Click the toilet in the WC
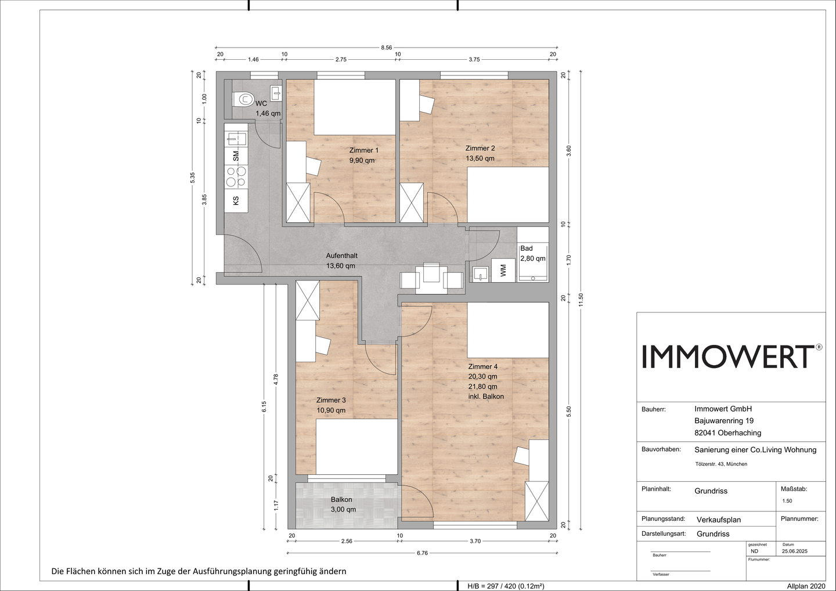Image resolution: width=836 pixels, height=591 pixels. [x=243, y=99]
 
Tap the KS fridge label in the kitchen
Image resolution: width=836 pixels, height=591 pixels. [x=236, y=201]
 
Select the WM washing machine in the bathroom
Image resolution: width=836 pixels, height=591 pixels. [x=503, y=270]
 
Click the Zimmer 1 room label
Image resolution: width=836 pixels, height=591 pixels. [x=364, y=150]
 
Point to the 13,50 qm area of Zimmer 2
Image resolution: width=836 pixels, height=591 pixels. [x=480, y=158]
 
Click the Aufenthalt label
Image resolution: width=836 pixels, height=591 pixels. [x=342, y=256]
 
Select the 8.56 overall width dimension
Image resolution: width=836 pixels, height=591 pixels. [x=386, y=48]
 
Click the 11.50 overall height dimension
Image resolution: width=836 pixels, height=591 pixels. [x=581, y=299]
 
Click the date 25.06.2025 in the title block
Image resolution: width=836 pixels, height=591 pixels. [x=795, y=551]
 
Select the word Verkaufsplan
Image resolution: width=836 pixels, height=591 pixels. [x=719, y=520]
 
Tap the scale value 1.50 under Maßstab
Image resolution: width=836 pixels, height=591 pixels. [x=787, y=501]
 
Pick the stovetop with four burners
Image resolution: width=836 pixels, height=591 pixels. [x=236, y=176]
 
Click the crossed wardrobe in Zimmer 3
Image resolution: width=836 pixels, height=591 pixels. [x=308, y=300]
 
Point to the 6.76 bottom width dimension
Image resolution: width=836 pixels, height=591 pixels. [x=422, y=553]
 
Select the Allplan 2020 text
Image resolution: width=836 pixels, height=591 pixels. [x=806, y=586]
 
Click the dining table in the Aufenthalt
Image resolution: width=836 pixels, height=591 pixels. [x=432, y=278]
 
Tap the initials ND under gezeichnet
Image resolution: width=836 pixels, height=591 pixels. [x=754, y=551]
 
